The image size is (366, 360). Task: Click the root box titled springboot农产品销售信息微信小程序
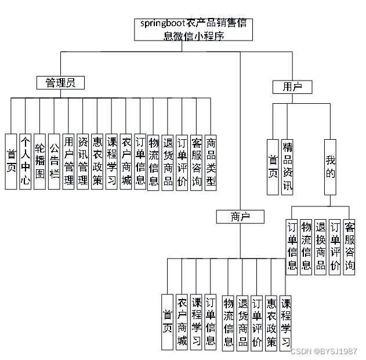pyautogui.click(x=194, y=30)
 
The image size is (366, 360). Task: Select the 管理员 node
pyautogui.click(x=60, y=83)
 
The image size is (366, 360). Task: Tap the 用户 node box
pyautogui.click(x=292, y=87)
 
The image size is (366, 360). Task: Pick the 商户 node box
pyautogui.click(x=240, y=217)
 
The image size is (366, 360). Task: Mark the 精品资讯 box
pyautogui.click(x=287, y=166)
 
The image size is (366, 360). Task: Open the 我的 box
pyautogui.click(x=330, y=166)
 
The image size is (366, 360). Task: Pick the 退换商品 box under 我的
pyautogui.click(x=321, y=247)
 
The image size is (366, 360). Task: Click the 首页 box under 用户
pyautogui.click(x=273, y=166)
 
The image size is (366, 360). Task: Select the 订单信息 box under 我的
pyautogui.click(x=292, y=247)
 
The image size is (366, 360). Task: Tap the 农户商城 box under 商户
pyautogui.click(x=182, y=322)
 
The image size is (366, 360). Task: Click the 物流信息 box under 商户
pyautogui.click(x=228, y=322)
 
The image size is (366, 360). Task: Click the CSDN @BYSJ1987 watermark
pyautogui.click(x=324, y=351)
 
